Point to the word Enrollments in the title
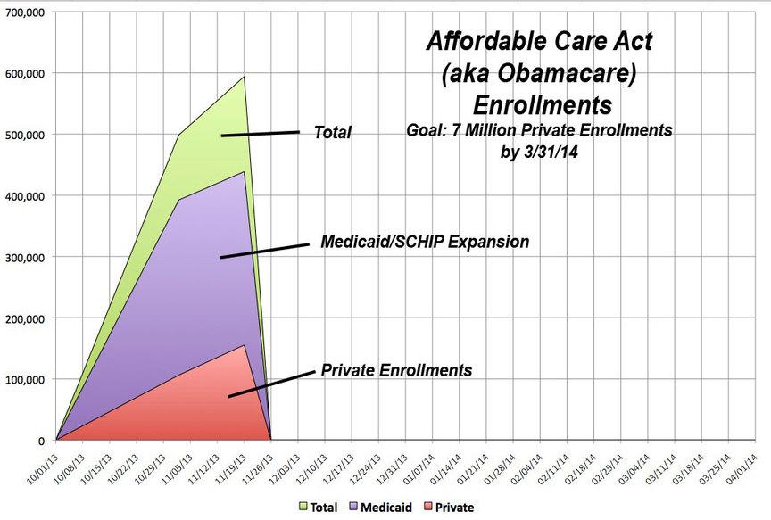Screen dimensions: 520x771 (542, 104)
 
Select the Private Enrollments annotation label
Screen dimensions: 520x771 (396, 369)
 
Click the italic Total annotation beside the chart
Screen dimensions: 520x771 (333, 133)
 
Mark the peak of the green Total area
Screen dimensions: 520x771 (244, 77)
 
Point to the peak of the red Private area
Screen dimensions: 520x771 (244, 345)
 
